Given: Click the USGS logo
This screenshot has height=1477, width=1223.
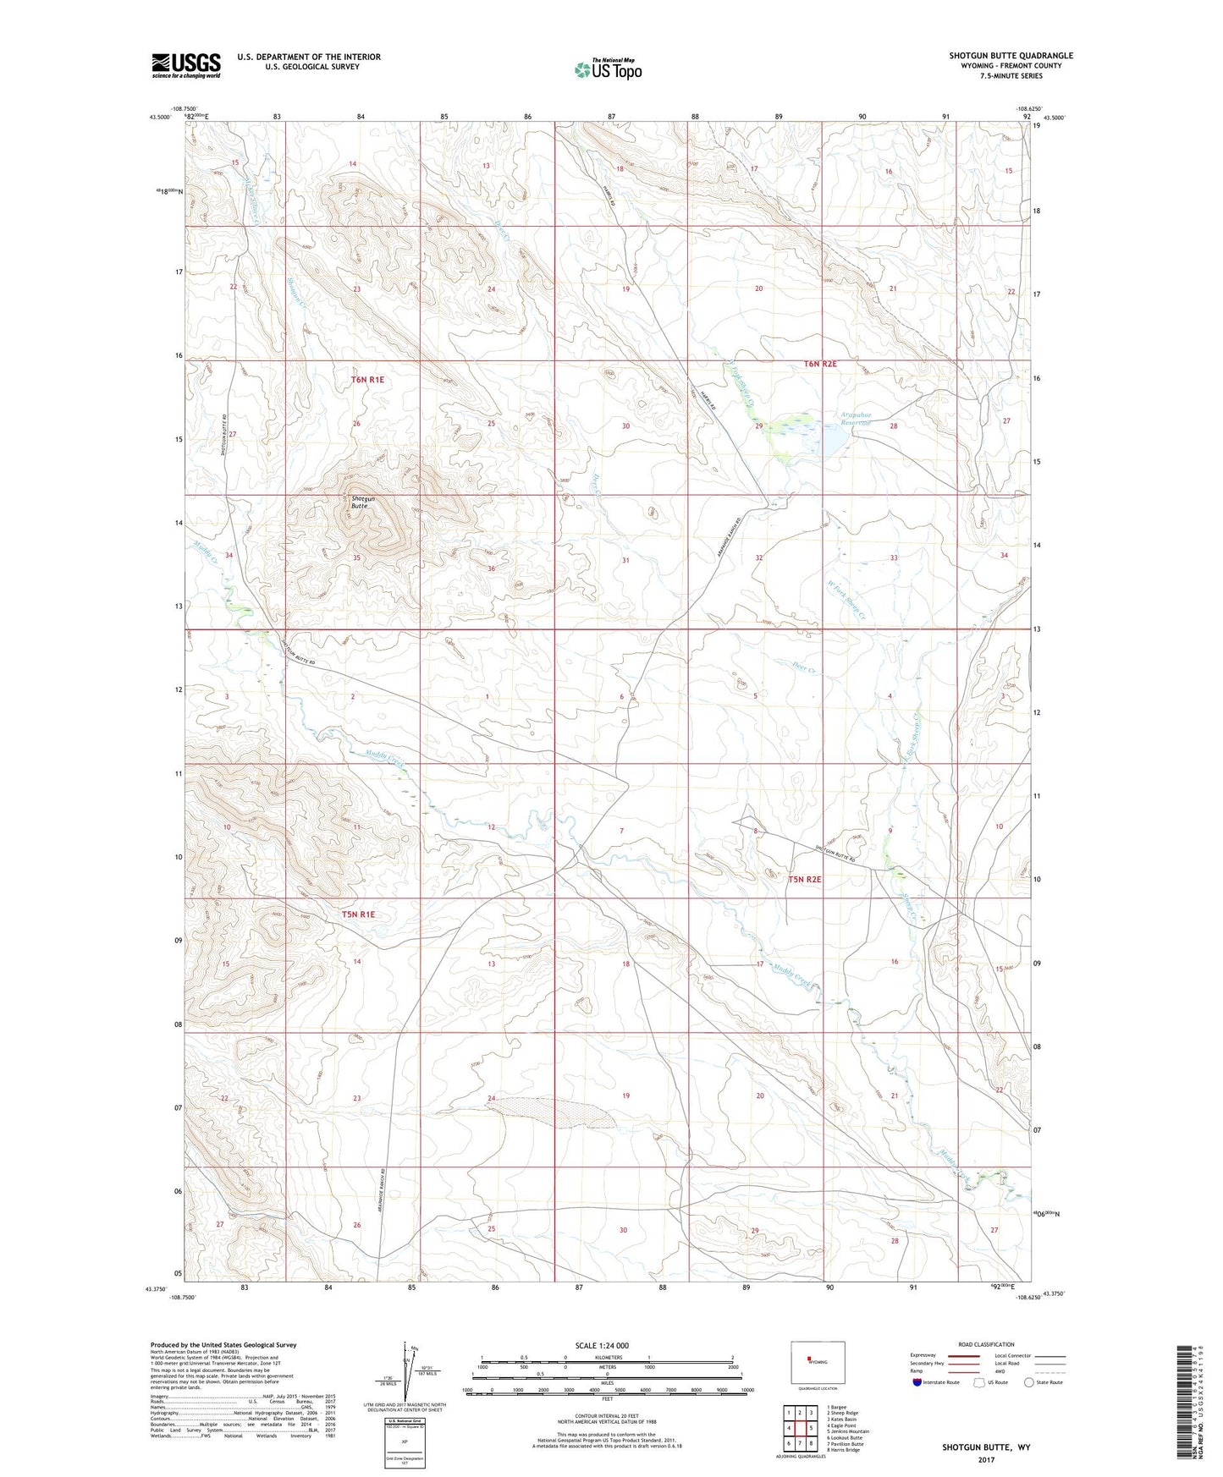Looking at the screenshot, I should pos(186,65).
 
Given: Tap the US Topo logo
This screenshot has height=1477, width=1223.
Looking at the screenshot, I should pos(607,69).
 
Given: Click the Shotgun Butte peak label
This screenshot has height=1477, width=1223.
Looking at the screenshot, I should pos(363,502).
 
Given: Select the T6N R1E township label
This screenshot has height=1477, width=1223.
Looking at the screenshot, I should pos(367,380).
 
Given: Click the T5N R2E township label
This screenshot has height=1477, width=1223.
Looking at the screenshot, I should pos(805,880).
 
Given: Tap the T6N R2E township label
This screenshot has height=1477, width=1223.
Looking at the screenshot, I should pos(820,364).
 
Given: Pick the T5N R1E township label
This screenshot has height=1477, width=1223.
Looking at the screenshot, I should pos(358,914).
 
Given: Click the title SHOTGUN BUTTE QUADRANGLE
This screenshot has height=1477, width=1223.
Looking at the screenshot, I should pos(1011,56).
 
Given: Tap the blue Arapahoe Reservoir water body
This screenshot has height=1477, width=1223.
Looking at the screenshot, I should pos(835,441).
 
